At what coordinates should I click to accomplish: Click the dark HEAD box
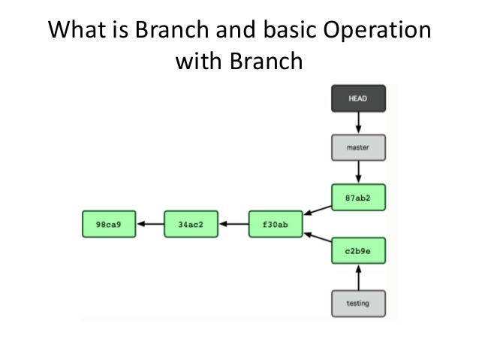pyautogui.click(x=358, y=98)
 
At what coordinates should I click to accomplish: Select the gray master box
pyautogui.click(x=358, y=147)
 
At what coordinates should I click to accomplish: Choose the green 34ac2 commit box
pyautogui.click(x=191, y=223)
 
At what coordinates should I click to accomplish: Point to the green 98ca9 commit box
pyautogui.click(x=109, y=223)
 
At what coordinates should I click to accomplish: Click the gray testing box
pyautogui.click(x=358, y=304)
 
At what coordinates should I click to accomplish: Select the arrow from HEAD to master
pyautogui.click(x=358, y=123)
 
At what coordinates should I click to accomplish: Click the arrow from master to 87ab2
pyautogui.click(x=358, y=171)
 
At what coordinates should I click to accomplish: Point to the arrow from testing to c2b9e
pyautogui.click(x=358, y=277)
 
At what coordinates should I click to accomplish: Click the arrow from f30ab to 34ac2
pyautogui.click(x=233, y=223)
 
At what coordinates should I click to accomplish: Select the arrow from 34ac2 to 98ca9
pyautogui.click(x=150, y=223)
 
